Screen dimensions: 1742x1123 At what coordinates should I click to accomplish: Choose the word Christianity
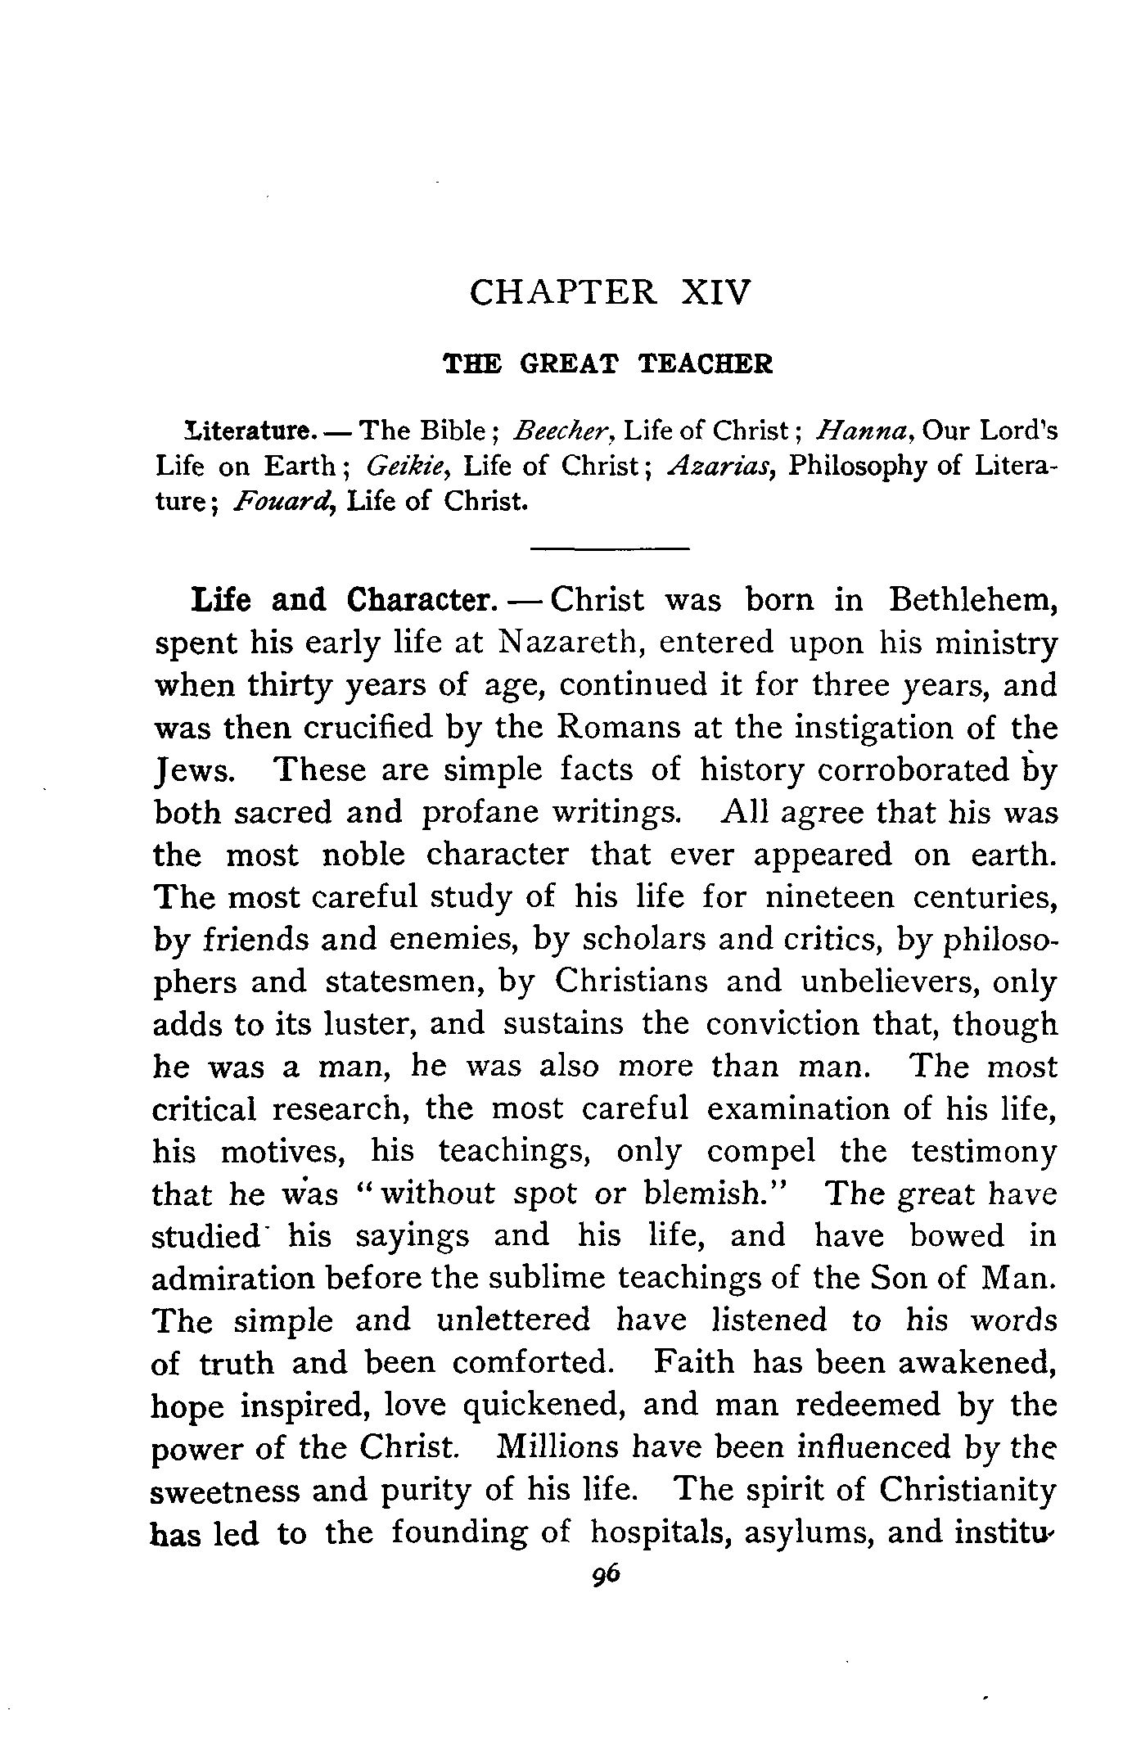tap(967, 1491)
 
